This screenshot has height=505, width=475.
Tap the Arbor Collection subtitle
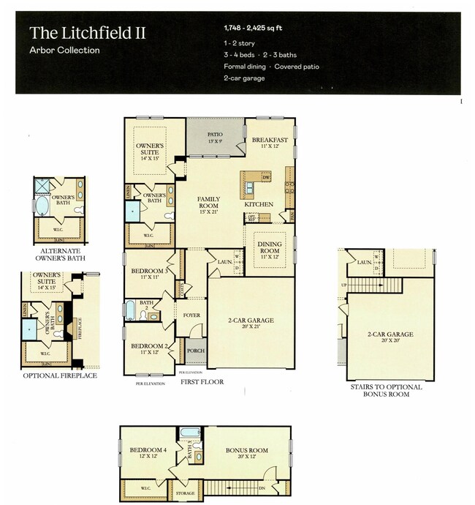point(64,50)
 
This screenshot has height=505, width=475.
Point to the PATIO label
point(214,135)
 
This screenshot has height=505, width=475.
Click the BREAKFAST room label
point(270,139)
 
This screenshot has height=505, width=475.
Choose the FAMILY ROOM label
point(210,202)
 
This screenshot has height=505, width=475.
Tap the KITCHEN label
point(259,204)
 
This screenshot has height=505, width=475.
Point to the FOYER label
point(191,317)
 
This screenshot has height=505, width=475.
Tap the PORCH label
point(195,350)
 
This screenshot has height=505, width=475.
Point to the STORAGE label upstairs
point(186,494)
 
